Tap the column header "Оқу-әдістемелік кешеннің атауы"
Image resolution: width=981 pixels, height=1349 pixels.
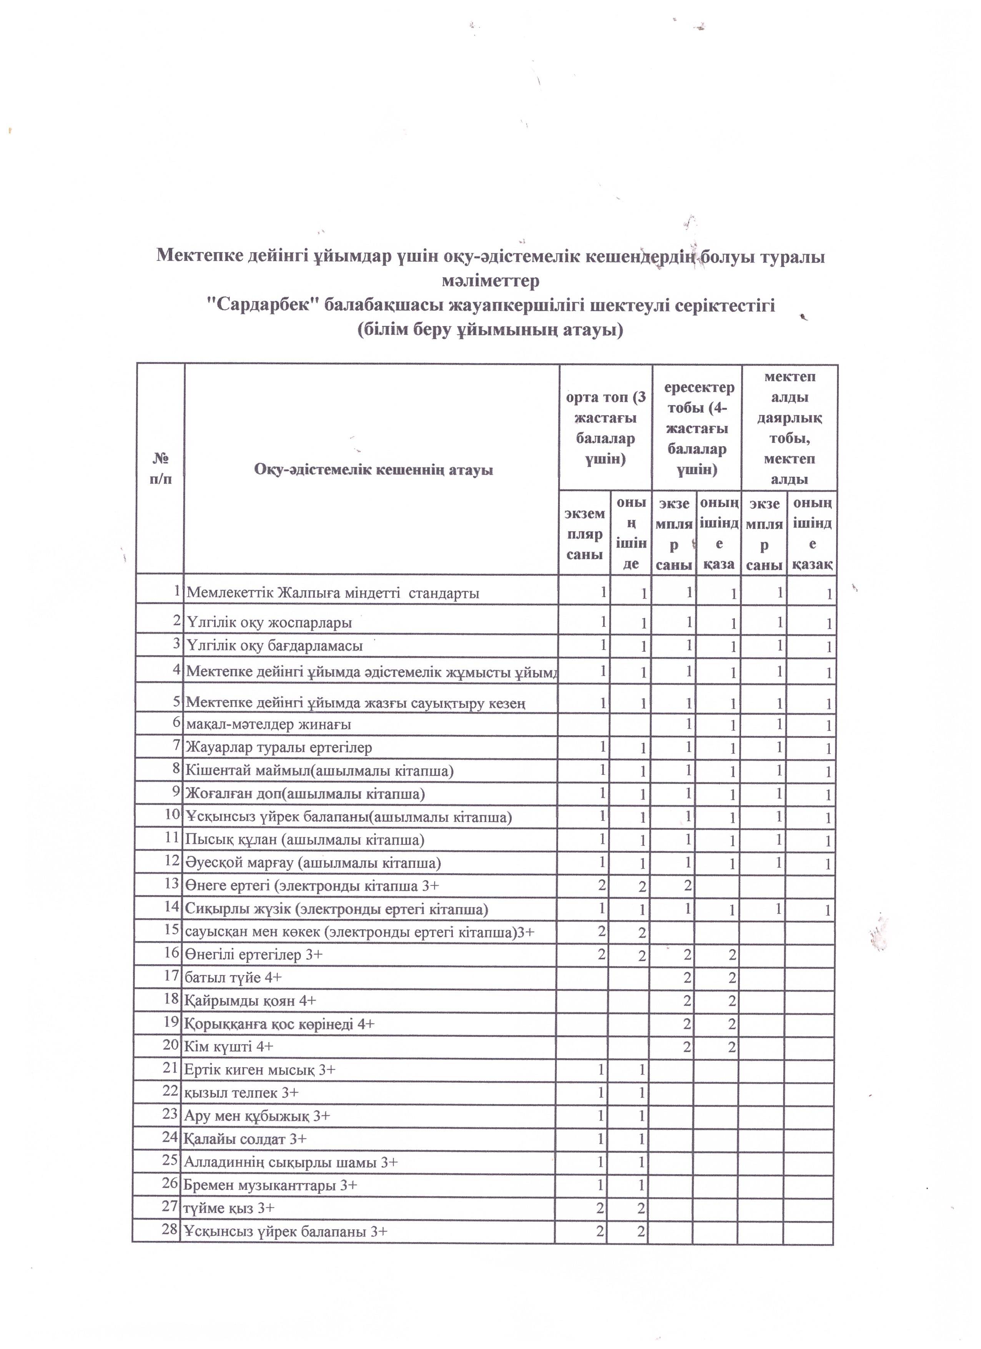(374, 470)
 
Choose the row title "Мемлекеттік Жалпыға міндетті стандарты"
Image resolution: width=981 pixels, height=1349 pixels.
(333, 593)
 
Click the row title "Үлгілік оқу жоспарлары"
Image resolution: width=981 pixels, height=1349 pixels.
(269, 623)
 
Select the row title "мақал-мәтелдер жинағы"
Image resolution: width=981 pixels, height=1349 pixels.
(268, 724)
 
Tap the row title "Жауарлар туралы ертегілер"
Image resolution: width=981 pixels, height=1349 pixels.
(279, 748)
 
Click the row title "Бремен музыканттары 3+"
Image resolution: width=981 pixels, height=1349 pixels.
(271, 1185)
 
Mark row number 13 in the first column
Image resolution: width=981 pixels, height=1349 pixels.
(172, 883)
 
